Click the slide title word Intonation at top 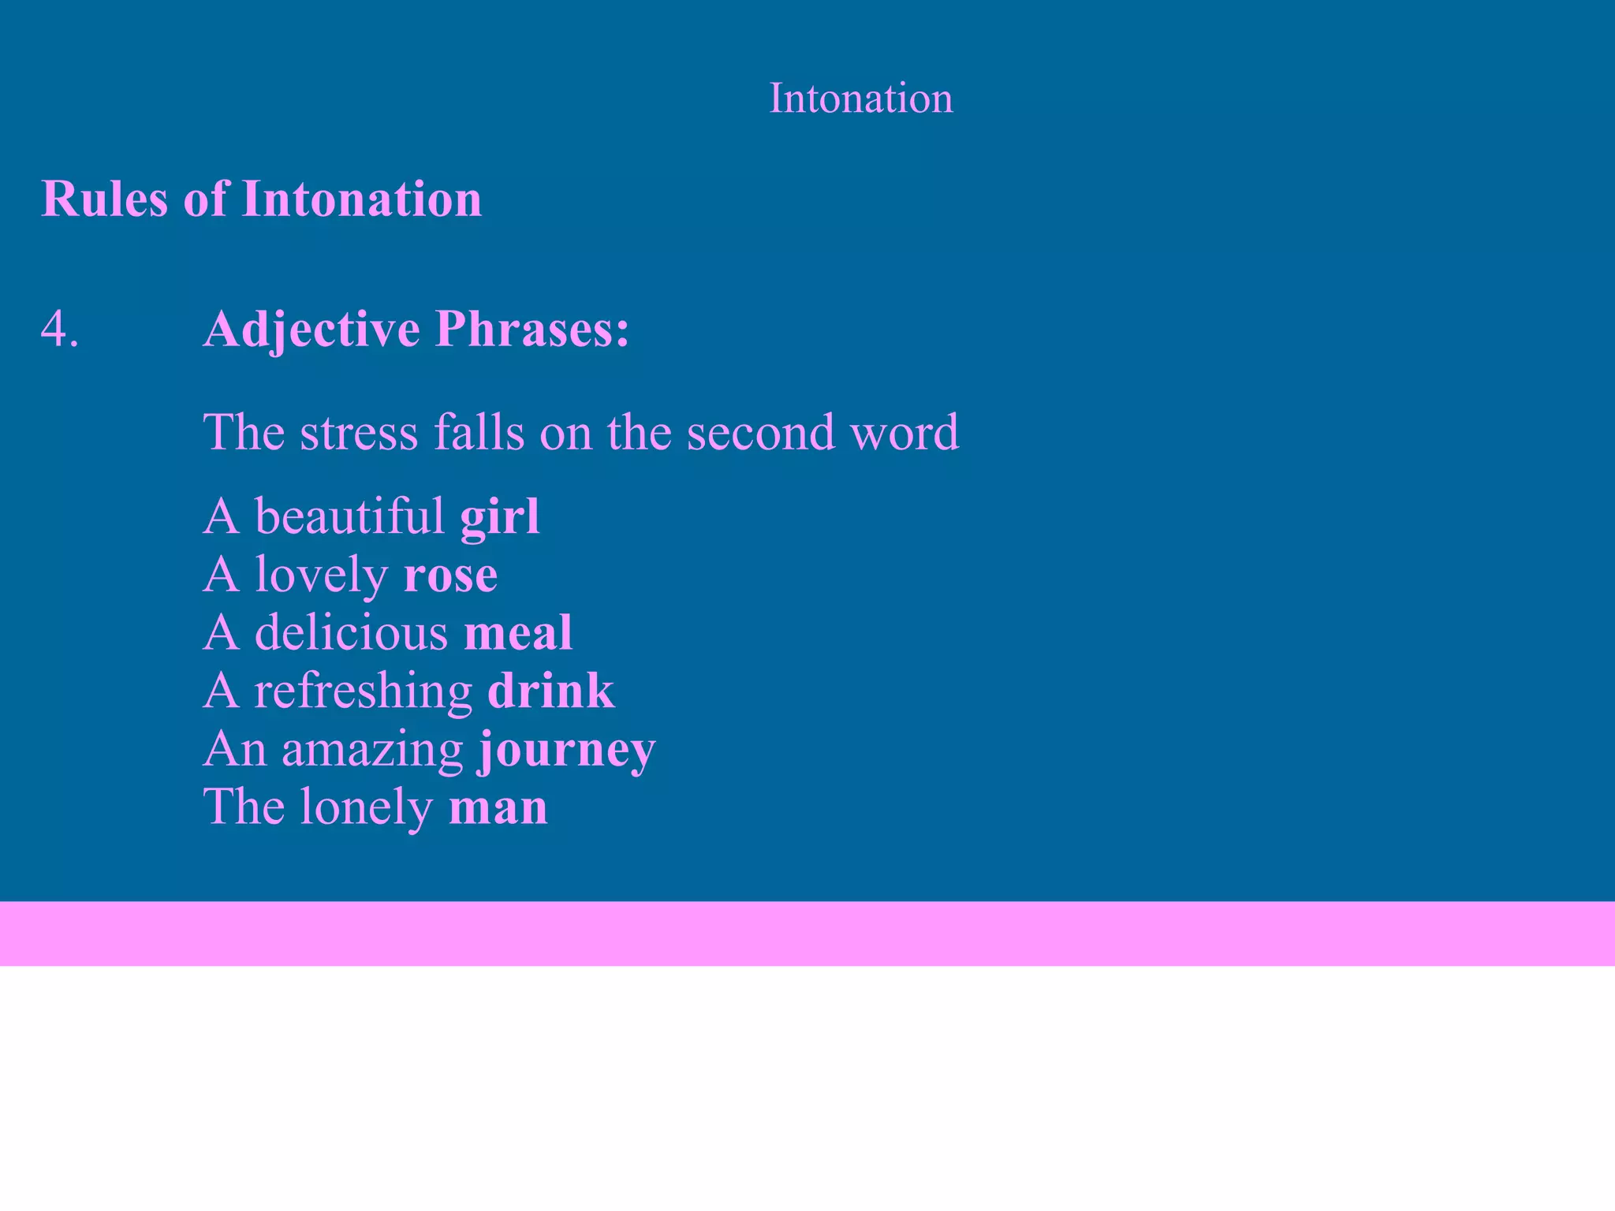click(x=860, y=99)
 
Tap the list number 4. click(x=59, y=329)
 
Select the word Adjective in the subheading click(x=311, y=329)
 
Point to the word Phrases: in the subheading click(x=532, y=329)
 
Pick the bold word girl click(x=500, y=517)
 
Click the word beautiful click(x=349, y=517)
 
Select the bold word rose click(x=450, y=575)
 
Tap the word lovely click(x=321, y=575)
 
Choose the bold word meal click(x=518, y=632)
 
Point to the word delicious click(x=351, y=632)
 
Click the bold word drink click(x=550, y=691)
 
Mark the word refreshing click(x=363, y=691)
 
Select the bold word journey click(x=567, y=749)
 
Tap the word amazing click(x=372, y=749)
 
